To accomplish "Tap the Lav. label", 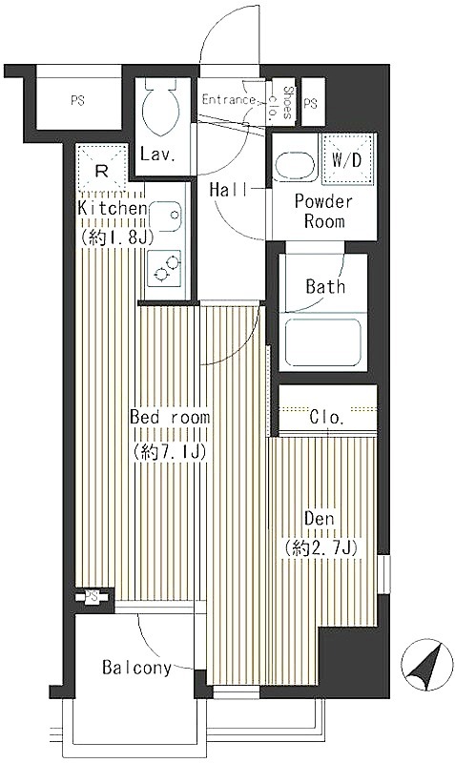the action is coord(157,155).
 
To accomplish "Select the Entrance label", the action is coord(228,100).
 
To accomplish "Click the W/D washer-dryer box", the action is coord(346,159).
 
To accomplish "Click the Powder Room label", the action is coord(324,211).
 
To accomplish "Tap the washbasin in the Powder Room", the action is coord(293,166).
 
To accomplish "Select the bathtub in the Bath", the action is coord(322,341).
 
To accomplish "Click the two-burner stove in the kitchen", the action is coord(164,268).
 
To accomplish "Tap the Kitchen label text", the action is coord(113,208).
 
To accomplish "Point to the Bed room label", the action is coord(170,417).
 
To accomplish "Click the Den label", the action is coord(320,518).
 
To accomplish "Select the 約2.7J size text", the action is coord(322,549).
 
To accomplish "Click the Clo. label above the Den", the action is coord(328,418).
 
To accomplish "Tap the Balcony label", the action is coord(136,668).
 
